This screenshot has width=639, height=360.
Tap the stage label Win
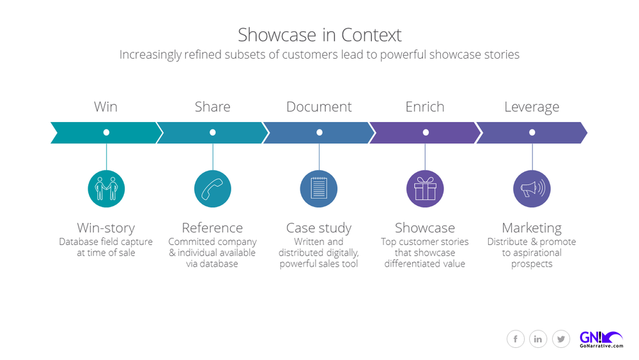[x=106, y=107]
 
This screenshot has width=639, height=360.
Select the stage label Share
[x=212, y=107]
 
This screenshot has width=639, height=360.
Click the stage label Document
[x=319, y=107]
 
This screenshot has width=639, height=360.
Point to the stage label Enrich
[x=425, y=107]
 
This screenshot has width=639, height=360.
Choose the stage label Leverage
[x=532, y=107]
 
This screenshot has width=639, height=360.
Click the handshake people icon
[x=106, y=189]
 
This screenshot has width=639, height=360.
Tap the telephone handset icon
[x=212, y=189]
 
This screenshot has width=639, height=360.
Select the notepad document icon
[x=319, y=189]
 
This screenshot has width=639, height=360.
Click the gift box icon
[x=425, y=189]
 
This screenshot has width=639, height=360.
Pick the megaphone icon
[x=532, y=189]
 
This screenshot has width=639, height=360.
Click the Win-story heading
[x=106, y=228]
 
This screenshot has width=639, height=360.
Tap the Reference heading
[x=212, y=228]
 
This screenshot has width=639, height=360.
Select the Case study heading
[x=319, y=228]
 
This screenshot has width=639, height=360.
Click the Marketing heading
[x=532, y=228]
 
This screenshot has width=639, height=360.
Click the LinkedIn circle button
[x=538, y=339]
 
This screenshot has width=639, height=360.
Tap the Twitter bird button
[x=561, y=339]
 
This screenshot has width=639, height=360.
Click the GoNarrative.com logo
[x=600, y=339]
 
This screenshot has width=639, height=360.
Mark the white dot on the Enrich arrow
[x=426, y=132]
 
